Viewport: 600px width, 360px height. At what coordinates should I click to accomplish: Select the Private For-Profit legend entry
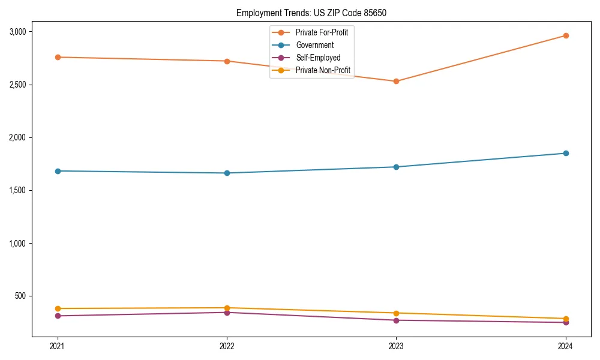(x=322, y=32)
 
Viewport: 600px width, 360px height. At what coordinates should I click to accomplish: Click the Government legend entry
(x=314, y=45)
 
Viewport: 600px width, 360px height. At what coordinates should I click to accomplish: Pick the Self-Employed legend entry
(x=318, y=58)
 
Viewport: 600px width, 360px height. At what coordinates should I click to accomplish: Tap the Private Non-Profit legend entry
(x=323, y=71)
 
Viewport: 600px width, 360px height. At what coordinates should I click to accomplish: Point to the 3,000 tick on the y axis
(x=21, y=32)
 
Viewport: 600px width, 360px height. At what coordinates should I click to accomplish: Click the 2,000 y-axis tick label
(x=21, y=137)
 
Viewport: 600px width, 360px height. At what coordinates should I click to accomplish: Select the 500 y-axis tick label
(x=24, y=296)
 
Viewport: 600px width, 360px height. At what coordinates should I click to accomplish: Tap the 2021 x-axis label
(x=58, y=346)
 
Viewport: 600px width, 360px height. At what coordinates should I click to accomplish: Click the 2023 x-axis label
(x=396, y=346)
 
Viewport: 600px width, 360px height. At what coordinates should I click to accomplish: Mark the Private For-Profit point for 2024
(x=566, y=35)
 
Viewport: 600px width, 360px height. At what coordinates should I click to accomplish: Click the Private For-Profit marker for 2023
(x=396, y=81)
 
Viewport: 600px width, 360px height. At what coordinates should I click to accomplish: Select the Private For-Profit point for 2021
(x=58, y=57)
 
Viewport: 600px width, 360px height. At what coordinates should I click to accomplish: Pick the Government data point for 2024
(x=566, y=153)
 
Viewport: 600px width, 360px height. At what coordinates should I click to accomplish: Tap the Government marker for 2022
(x=227, y=173)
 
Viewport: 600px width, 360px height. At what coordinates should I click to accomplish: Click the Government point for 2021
(x=58, y=171)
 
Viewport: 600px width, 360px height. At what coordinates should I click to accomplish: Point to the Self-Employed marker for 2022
(x=227, y=312)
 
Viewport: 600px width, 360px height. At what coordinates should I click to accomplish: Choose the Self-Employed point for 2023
(x=396, y=320)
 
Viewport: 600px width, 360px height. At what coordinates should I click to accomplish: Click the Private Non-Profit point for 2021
(x=58, y=308)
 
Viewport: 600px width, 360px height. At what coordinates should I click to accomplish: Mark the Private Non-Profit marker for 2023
(x=396, y=313)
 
